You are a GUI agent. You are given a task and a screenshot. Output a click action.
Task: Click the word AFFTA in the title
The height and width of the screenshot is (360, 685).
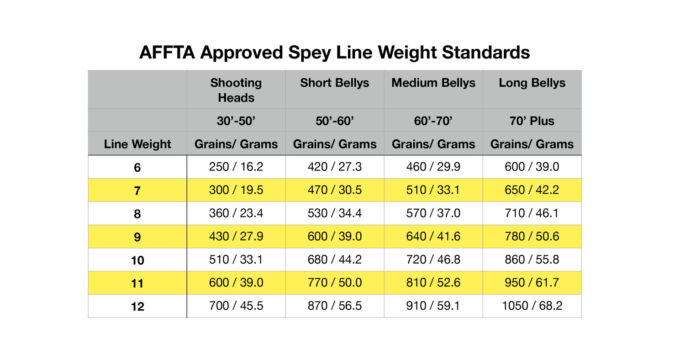[x=167, y=53]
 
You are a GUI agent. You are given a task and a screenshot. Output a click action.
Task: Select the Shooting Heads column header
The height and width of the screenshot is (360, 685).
[x=236, y=90]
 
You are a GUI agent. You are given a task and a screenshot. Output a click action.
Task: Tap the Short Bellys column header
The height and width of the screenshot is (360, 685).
[x=335, y=83]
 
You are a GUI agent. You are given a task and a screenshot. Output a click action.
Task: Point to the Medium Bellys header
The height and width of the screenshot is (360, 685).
[x=433, y=83]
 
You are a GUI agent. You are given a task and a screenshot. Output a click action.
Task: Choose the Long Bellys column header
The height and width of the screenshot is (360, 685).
[x=532, y=83]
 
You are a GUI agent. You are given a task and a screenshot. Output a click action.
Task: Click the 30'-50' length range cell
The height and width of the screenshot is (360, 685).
[x=236, y=121]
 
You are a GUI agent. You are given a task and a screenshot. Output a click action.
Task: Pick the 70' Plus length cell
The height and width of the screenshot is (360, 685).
[x=532, y=121]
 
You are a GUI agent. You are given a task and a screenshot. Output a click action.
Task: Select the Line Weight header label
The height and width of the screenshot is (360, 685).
[x=137, y=144]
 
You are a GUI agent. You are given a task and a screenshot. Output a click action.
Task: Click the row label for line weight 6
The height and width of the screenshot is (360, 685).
[x=137, y=168]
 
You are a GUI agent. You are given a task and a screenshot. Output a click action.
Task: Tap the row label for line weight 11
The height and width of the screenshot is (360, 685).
[x=137, y=283]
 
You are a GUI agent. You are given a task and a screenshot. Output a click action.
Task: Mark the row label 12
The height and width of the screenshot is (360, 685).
[x=137, y=307]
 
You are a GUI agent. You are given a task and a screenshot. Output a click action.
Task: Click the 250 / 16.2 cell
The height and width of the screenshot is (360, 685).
[x=236, y=167]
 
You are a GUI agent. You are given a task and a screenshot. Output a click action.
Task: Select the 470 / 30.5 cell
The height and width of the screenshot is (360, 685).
[x=335, y=190]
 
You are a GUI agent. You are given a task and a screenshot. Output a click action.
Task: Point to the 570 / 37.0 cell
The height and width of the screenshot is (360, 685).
[x=433, y=213]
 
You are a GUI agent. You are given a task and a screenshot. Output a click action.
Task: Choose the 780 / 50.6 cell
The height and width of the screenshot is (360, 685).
[x=532, y=237]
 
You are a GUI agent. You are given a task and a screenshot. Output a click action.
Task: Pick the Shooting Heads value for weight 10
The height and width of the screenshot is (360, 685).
[x=236, y=259]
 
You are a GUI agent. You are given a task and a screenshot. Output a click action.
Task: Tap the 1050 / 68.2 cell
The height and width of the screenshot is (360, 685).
[x=532, y=306]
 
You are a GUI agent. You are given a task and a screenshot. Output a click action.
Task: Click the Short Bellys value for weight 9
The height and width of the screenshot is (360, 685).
[x=335, y=237]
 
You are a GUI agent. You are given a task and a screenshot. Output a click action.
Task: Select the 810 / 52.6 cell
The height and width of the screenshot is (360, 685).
[x=433, y=283]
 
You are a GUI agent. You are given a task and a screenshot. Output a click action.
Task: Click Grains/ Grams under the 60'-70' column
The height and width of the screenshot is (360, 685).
[x=433, y=144]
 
